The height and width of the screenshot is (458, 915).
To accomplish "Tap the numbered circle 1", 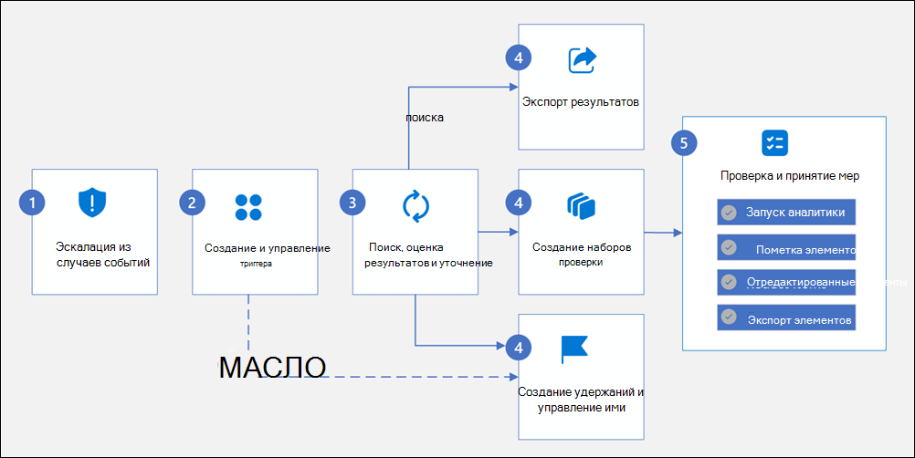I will pyautogui.click(x=32, y=203).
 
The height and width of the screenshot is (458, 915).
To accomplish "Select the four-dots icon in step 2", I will pyautogui.click(x=248, y=207).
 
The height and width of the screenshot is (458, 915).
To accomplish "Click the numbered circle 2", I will pyautogui.click(x=192, y=203).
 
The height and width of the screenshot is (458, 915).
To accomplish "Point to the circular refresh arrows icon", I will pyautogui.click(x=416, y=205).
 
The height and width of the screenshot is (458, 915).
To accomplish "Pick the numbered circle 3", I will pyautogui.click(x=352, y=203).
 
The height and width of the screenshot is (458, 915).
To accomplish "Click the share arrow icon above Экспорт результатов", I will pyautogui.click(x=582, y=60).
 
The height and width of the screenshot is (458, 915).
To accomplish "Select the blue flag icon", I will pyautogui.click(x=574, y=349).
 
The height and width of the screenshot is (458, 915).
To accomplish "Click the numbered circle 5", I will pyautogui.click(x=681, y=142).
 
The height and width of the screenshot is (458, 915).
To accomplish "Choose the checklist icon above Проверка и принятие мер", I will pyautogui.click(x=774, y=142).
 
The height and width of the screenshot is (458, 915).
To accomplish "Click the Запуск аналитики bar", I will pyautogui.click(x=786, y=213).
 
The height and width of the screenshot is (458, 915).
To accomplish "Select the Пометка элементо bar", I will pyautogui.click(x=786, y=247).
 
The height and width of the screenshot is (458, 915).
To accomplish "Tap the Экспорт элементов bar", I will pyautogui.click(x=786, y=317).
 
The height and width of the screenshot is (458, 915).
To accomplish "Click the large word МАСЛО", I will pyautogui.click(x=273, y=368).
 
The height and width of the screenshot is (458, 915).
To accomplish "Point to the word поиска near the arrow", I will pyautogui.click(x=424, y=118).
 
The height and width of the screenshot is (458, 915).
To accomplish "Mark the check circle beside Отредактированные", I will pyautogui.click(x=729, y=282).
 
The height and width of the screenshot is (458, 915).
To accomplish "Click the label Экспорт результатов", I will pyautogui.click(x=580, y=100).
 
